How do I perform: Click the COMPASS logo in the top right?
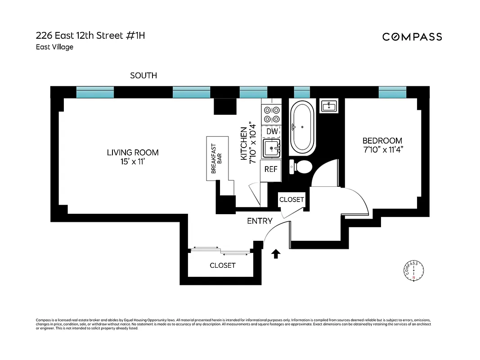click(412, 37)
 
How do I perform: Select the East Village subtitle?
click(54, 47)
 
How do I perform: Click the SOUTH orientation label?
click(144, 76)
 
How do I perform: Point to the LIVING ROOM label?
click(133, 153)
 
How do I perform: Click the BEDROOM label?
click(382, 141)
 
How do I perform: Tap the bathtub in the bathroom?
click(302, 128)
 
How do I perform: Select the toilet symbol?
click(302, 167)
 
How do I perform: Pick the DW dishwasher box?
click(272, 131)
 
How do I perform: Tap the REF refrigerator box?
click(271, 169)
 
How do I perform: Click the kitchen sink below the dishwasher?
click(271, 148)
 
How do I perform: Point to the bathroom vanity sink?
click(329, 106)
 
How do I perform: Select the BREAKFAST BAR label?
click(217, 159)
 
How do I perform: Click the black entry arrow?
click(276, 255)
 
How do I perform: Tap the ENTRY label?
click(260, 221)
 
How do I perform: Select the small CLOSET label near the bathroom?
click(292, 199)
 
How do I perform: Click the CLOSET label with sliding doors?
click(222, 265)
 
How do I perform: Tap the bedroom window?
click(392, 93)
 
